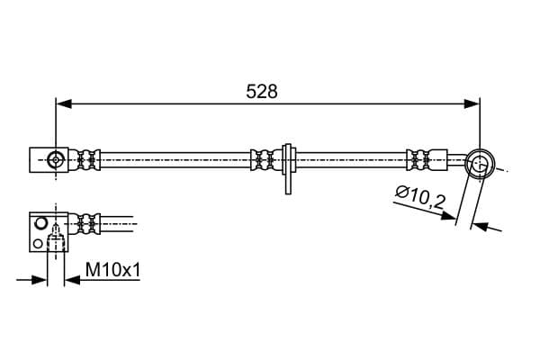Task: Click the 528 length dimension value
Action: click(x=262, y=92)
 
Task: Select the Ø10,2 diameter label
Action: click(x=420, y=197)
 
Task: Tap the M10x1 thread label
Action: click(x=113, y=270)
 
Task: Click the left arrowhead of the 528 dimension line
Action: click(x=64, y=103)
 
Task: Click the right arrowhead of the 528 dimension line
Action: click(x=471, y=103)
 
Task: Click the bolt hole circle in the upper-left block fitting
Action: click(x=56, y=160)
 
